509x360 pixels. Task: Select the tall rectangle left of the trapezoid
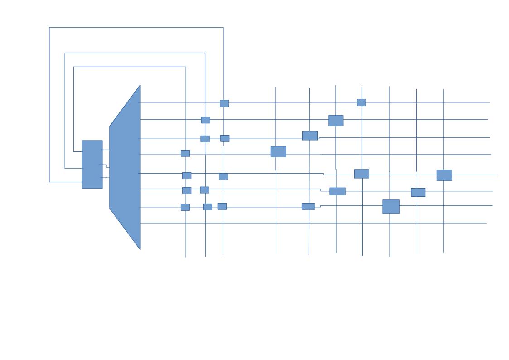[x=92, y=164]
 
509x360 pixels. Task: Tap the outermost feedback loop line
[x=136, y=28]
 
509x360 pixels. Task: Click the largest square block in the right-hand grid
[x=391, y=206]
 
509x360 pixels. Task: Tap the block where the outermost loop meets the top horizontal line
[x=224, y=103]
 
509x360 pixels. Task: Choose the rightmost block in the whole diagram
[x=444, y=175]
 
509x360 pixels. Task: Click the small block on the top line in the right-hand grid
[x=361, y=102]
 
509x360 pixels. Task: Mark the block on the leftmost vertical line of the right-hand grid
[x=278, y=151]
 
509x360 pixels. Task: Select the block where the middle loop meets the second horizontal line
[x=205, y=120]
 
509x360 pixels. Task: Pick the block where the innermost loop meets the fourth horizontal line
[x=185, y=153]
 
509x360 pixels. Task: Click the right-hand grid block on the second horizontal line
[x=335, y=121]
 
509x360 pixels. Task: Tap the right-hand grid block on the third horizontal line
[x=310, y=136]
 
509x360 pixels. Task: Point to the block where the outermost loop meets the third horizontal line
[x=225, y=138]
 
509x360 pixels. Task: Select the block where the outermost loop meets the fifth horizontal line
[x=223, y=176]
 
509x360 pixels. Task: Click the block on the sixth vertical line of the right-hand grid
[x=418, y=192]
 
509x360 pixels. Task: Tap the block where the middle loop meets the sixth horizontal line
[x=204, y=190]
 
